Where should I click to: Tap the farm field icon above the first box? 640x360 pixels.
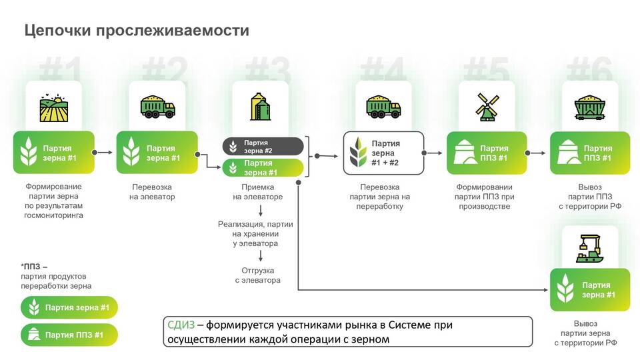tap(54, 108)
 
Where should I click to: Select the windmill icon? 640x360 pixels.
tap(487, 107)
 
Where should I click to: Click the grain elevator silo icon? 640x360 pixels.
tap(261, 107)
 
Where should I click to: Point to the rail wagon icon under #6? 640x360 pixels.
tap(590, 107)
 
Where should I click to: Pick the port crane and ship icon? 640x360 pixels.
tap(590, 248)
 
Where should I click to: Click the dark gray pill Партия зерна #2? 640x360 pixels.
tap(263, 147)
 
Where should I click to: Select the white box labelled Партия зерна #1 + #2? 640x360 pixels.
tap(384, 153)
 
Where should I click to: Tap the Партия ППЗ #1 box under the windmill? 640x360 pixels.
tap(487, 153)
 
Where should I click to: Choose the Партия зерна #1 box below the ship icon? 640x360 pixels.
tap(590, 290)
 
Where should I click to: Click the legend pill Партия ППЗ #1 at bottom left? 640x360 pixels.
tap(69, 335)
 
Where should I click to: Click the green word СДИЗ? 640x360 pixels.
tap(181, 325)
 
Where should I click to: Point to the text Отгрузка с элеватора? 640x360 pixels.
tap(257, 275)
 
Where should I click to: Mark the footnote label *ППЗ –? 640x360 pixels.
tap(34, 267)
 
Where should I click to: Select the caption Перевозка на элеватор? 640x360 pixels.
tap(152, 192)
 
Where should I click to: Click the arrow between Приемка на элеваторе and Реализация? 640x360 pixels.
tap(261, 211)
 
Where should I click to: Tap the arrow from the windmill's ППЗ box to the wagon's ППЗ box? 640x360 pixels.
tap(535, 153)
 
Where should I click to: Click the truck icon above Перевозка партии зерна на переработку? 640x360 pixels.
tap(384, 107)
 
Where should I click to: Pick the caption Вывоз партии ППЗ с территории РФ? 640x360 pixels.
tap(590, 197)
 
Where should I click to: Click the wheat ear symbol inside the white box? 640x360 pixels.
tap(358, 153)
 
